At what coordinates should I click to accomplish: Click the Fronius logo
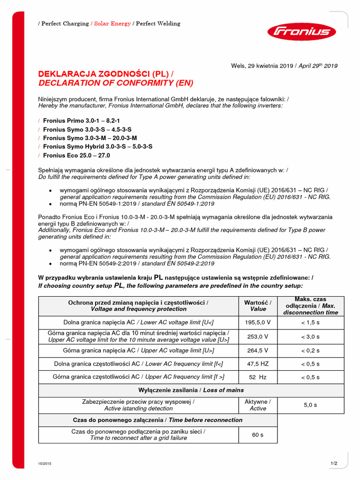tap(301, 32)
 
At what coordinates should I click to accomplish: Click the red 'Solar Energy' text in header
tap(112, 23)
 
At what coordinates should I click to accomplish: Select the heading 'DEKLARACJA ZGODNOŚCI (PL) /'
tap(105, 74)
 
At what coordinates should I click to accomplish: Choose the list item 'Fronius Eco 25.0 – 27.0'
tap(76, 155)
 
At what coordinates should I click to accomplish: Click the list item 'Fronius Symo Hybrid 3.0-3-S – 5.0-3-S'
tap(97, 147)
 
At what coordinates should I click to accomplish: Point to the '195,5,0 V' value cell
tap(258, 322)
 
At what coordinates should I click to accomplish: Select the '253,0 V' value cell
tap(258, 337)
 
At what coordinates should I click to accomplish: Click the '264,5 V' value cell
tap(258, 350)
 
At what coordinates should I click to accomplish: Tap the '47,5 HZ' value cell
tap(258, 364)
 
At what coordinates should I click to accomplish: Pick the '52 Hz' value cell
tap(258, 377)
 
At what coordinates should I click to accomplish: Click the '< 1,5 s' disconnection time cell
tap(310, 322)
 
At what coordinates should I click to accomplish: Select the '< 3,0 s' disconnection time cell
tap(310, 337)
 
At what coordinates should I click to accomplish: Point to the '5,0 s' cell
tap(310, 405)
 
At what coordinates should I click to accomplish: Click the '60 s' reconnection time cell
tap(258, 435)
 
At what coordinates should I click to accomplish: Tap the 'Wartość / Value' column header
tap(258, 306)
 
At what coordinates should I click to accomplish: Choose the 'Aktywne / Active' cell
tap(258, 405)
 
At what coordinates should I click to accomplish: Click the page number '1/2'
tap(334, 464)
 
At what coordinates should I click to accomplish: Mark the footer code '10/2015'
tap(45, 464)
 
